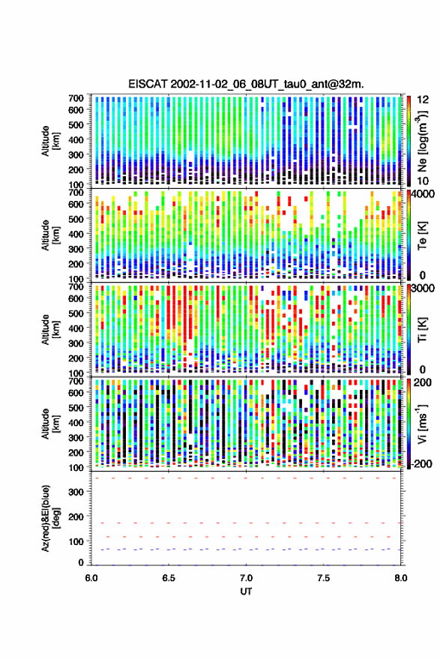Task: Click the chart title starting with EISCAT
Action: coord(246,84)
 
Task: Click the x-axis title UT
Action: coord(246,592)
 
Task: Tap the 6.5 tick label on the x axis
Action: coord(169,578)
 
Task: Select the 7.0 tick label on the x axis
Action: coord(246,578)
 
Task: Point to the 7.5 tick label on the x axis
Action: coord(323,578)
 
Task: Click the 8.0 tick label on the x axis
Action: coord(400,578)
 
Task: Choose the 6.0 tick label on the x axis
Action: coord(91,578)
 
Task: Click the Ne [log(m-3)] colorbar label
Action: coord(422,141)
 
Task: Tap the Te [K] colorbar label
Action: coord(422,235)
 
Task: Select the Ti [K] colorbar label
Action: coord(422,330)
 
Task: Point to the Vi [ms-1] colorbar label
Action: coord(422,424)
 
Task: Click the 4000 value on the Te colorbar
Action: coord(424,194)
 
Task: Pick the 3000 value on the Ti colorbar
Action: coord(424,289)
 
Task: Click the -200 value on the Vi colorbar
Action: coord(421,464)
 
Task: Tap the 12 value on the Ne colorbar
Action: coord(423,100)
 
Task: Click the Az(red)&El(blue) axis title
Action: coord(49,518)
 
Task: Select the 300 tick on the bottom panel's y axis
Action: coord(76,492)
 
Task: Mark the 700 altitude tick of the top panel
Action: coord(76,98)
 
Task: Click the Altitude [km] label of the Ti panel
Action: coord(49,330)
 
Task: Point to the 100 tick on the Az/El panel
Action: coord(76,542)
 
